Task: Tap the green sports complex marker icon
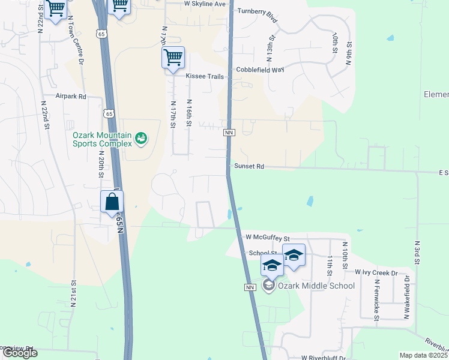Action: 141,139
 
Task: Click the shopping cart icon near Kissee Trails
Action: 173,58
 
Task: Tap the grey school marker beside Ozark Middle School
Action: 269,286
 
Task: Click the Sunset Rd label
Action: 249,166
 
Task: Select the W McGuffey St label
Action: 268,238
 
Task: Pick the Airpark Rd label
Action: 71,96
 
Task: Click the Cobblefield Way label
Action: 259,70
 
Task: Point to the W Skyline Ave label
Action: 205,4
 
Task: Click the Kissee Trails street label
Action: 205,77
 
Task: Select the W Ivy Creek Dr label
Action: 376,272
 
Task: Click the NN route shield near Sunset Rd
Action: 228,132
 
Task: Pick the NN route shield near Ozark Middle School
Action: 251,288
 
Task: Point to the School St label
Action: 262,253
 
